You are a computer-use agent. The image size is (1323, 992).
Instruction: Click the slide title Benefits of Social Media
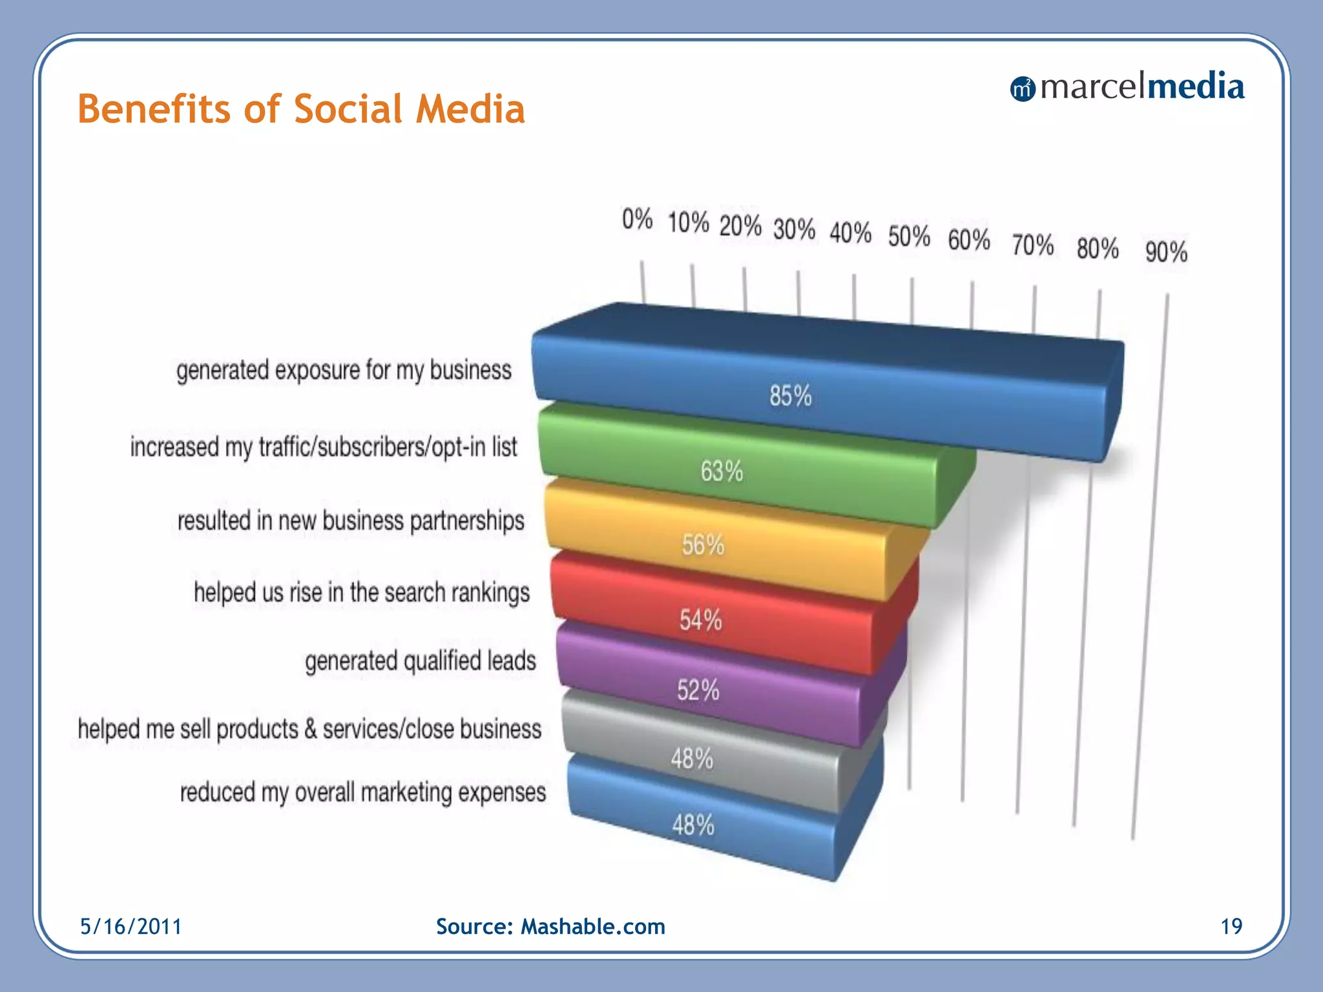301,108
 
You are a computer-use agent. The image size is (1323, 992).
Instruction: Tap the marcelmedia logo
1127,87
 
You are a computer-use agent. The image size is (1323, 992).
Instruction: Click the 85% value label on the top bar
790,395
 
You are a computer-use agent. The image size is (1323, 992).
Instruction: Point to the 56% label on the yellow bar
703,545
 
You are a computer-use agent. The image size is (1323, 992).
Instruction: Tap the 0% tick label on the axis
637,220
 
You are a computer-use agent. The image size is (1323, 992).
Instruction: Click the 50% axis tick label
908,236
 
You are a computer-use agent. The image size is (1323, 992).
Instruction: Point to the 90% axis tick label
1166,252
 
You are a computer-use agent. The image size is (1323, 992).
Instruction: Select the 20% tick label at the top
740,226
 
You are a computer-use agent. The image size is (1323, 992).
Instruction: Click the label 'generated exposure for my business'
344,371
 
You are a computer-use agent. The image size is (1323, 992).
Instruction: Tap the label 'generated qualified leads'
421,661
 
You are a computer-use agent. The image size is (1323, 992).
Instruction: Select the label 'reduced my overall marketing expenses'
363,792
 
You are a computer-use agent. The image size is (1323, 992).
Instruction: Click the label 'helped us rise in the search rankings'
362,592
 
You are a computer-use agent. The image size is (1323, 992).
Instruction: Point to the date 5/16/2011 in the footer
131,927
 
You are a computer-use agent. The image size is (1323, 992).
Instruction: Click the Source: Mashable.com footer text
550,927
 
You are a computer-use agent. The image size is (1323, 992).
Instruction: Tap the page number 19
1231,927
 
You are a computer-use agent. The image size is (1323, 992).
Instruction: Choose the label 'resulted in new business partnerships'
351,521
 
